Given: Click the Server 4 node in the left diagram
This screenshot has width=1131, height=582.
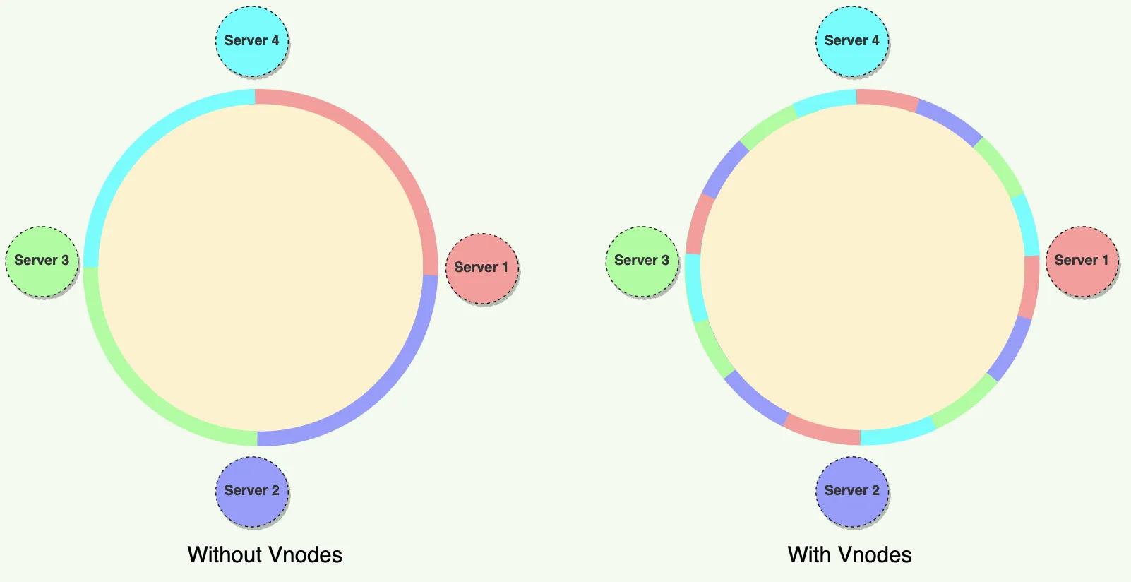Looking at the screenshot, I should pyautogui.click(x=252, y=41).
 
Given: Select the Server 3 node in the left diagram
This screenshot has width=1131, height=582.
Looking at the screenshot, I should pyautogui.click(x=42, y=261).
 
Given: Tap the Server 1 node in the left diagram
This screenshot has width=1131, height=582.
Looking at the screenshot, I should pyautogui.click(x=481, y=268).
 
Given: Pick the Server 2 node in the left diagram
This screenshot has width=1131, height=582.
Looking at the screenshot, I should pyautogui.click(x=252, y=491).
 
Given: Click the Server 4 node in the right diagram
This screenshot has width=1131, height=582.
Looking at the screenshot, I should pyautogui.click(x=852, y=41).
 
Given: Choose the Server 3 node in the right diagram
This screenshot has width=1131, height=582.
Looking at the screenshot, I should pyautogui.click(x=642, y=261).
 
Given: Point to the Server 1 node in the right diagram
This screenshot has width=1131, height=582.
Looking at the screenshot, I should pyautogui.click(x=1082, y=261).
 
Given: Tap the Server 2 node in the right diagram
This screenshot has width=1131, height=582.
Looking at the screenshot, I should pyautogui.click(x=852, y=491).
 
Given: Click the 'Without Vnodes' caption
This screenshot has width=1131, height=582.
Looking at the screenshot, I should pyautogui.click(x=265, y=554).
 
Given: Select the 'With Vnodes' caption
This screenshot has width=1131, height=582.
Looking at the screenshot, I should pyautogui.click(x=849, y=554).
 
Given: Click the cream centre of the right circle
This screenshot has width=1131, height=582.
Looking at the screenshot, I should pyautogui.click(x=861, y=268).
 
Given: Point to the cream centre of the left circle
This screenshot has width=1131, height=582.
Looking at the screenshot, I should pyautogui.click(x=261, y=268).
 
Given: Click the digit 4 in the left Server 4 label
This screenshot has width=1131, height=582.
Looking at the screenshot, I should pyautogui.click(x=275, y=41).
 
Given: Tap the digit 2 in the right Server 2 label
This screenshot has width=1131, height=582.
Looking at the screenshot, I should pyautogui.click(x=875, y=491).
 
